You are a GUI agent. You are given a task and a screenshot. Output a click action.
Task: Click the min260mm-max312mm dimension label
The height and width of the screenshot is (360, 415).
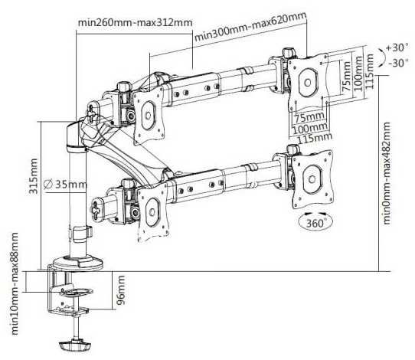click(135, 21)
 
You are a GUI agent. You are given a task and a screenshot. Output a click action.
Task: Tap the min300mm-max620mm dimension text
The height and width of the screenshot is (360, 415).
click(250, 28)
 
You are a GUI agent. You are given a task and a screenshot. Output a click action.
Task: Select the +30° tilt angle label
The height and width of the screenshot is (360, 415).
click(398, 47)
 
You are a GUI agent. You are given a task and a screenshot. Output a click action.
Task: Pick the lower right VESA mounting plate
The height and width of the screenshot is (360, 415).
click(311, 176)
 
